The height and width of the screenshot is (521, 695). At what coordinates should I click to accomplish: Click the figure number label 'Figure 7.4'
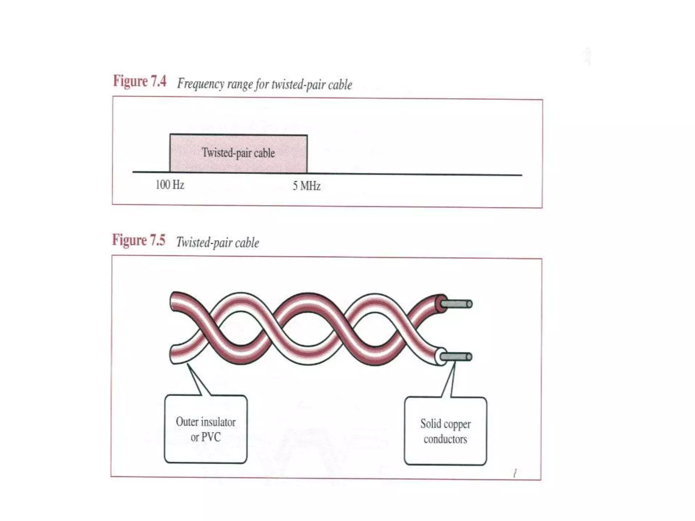coord(139,81)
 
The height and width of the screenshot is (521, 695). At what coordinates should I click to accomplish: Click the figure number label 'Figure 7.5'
coord(139,240)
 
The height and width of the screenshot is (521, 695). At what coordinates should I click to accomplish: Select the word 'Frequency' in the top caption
coord(200,84)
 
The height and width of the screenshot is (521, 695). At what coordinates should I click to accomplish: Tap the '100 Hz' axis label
coord(170,185)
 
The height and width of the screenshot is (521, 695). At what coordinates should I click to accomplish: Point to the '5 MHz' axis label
coord(306,186)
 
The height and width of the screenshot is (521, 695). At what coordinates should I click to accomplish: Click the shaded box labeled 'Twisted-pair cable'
coord(238,153)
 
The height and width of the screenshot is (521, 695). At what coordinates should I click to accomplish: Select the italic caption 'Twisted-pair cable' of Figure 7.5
coord(218,243)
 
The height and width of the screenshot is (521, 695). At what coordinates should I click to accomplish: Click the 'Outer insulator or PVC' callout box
coord(206,429)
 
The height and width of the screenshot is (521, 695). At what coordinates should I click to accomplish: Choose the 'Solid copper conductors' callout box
coord(445,431)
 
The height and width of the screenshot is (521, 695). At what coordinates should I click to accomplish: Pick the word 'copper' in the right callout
coord(457,424)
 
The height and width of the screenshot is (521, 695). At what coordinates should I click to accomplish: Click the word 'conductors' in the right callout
coord(445,439)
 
